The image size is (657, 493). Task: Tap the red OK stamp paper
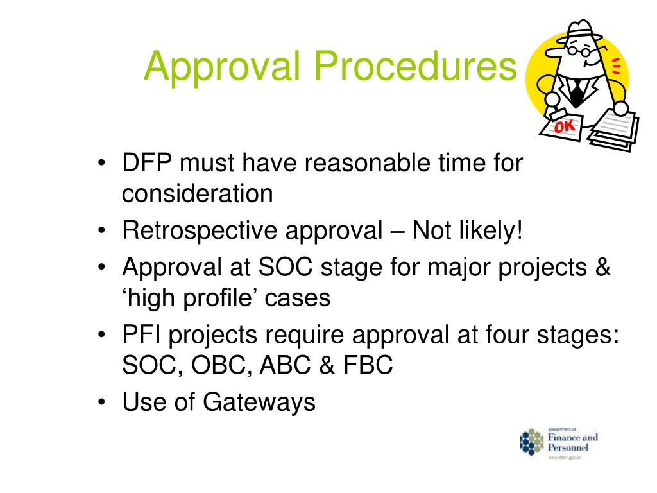click(x=563, y=127)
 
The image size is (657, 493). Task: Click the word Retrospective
click(x=192, y=230)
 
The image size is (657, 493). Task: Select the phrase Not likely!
click(x=468, y=230)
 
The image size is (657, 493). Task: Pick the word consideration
click(x=198, y=193)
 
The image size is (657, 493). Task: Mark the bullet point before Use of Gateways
click(x=103, y=403)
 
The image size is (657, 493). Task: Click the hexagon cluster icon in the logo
click(x=531, y=442)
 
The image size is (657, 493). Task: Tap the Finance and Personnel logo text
click(x=572, y=442)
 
